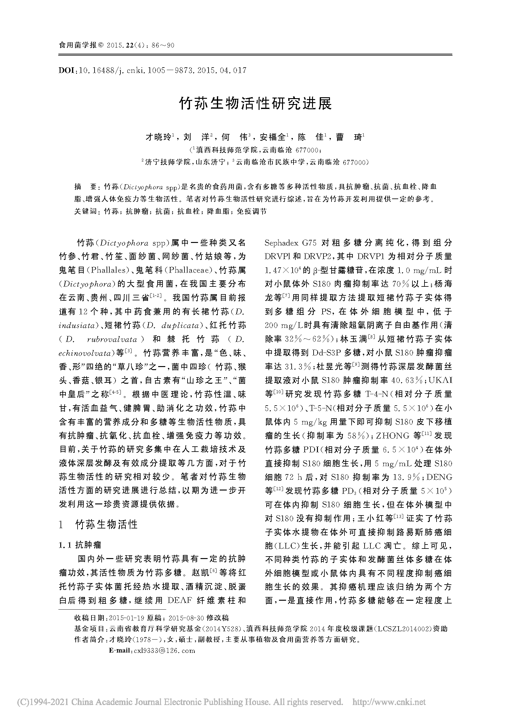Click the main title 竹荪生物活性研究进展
255,103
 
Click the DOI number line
153,70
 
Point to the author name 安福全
272,137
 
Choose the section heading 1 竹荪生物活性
99,524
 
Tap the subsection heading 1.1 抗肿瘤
80,545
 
